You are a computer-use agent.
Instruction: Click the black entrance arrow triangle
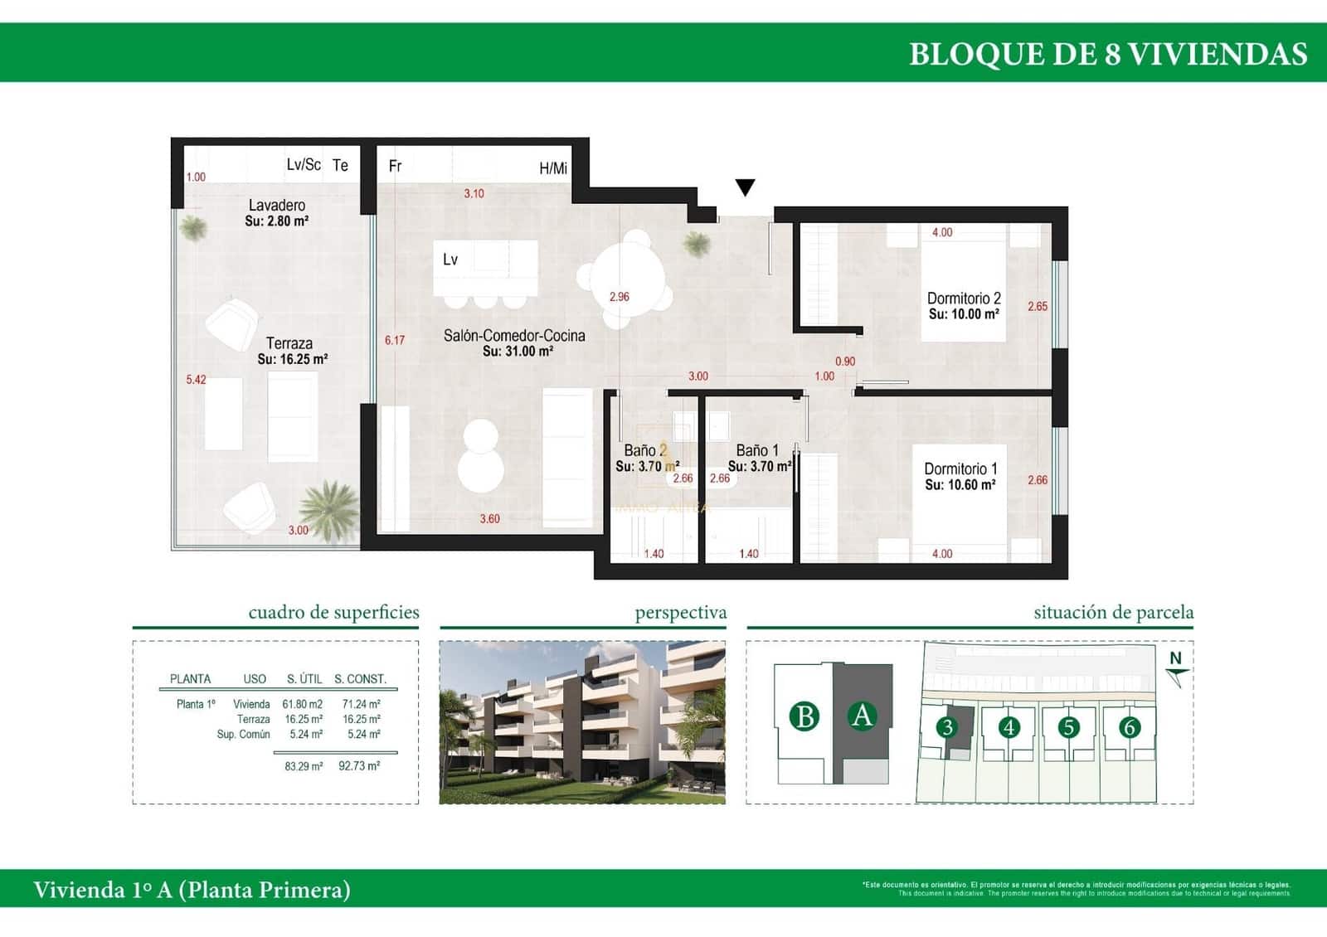[746, 187]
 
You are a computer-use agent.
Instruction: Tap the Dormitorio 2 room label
[964, 299]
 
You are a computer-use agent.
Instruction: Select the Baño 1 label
[757, 450]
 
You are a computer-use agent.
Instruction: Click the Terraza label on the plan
[289, 343]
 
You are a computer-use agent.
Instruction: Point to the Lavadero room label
[277, 205]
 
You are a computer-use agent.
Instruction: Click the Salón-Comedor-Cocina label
[514, 336]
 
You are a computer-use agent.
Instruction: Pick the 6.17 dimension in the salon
[395, 340]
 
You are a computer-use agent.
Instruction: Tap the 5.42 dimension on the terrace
[196, 380]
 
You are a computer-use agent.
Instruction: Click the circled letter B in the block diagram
[804, 716]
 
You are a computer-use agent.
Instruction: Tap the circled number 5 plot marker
[1068, 727]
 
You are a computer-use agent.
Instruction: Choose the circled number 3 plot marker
[946, 727]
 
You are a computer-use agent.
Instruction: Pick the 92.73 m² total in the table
[359, 766]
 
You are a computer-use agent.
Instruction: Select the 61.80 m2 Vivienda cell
[302, 704]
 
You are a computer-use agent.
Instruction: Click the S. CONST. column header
[360, 679]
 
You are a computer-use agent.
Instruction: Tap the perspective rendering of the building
[582, 722]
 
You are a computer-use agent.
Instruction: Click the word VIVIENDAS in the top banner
[1218, 54]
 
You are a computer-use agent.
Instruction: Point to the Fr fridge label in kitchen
[396, 166]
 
